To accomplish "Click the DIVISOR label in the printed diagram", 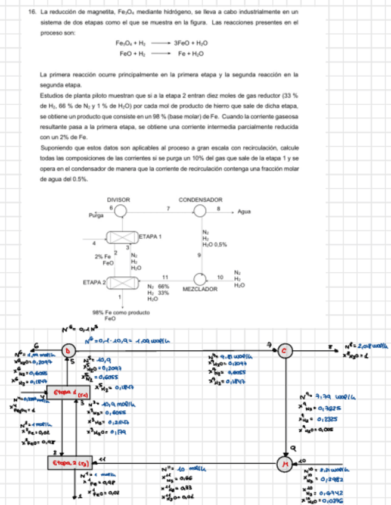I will click(118, 200).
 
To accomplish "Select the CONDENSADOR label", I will click(200, 200).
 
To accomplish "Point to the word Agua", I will click(243, 211).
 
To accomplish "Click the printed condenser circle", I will click(201, 211).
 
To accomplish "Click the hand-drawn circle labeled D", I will click(67, 350).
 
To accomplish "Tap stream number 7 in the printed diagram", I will click(168, 207).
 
